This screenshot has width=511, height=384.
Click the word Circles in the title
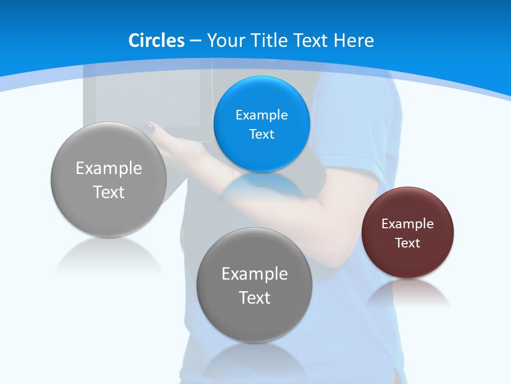point(156,41)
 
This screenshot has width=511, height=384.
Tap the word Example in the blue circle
point(261,115)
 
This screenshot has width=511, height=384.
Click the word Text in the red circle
point(408,243)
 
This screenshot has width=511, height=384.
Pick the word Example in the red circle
point(408,224)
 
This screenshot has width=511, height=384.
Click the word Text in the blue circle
point(261,134)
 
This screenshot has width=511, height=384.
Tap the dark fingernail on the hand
point(150,128)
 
